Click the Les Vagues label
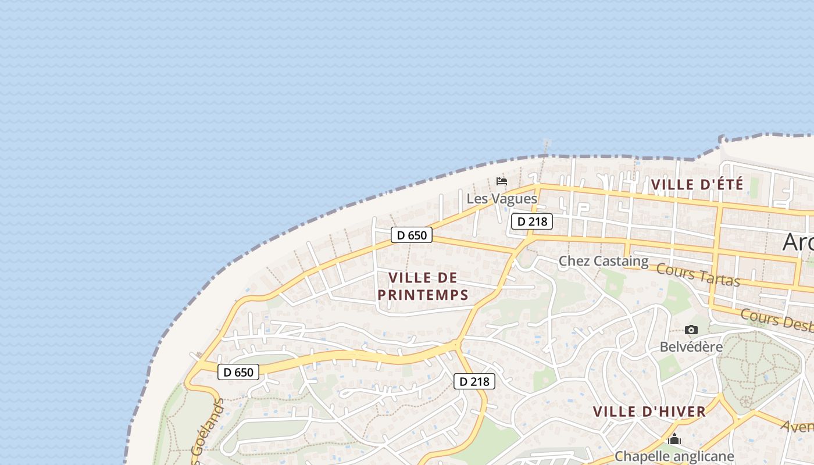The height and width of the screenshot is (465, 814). pos(502,199)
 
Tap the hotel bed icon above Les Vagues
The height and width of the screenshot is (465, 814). pos(502,181)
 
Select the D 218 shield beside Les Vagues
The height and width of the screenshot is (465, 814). pos(532,221)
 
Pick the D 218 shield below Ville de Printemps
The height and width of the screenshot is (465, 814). pos(474,381)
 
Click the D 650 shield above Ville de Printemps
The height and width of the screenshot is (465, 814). pos(412,235)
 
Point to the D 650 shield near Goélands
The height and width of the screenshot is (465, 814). pos(238,372)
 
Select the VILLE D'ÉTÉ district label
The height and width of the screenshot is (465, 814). pos(697,185)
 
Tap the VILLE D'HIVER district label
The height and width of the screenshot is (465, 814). pos(649,412)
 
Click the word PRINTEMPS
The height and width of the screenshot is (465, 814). pos(423,295)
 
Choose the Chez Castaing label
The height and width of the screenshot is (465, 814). pos(604,262)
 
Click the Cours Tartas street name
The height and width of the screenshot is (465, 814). pos(698,274)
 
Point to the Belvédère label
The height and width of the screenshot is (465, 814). pos(691,347)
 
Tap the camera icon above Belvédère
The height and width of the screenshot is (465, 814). pos(691,330)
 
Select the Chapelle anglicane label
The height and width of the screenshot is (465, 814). pos(674,456)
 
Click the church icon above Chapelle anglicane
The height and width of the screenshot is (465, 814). pos(674,439)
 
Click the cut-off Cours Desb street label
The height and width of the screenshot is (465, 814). pos(777,320)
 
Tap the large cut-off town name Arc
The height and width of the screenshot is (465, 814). pos(798,242)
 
